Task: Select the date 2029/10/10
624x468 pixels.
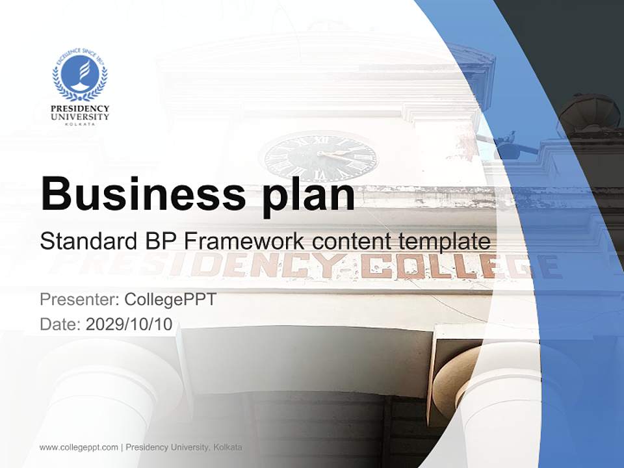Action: pyautogui.click(x=129, y=324)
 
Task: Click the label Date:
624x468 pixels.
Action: pyautogui.click(x=60, y=324)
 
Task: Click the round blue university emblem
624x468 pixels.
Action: pyautogui.click(x=80, y=77)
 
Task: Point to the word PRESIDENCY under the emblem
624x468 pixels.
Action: pyautogui.click(x=80, y=109)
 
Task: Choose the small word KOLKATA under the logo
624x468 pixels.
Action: pyautogui.click(x=80, y=123)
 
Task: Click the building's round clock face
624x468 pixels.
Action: pyautogui.click(x=320, y=158)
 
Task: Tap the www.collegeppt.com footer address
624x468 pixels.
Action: pyautogui.click(x=79, y=447)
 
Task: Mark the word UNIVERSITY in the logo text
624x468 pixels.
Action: pyautogui.click(x=80, y=116)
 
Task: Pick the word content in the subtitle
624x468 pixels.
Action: pyautogui.click(x=351, y=242)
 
